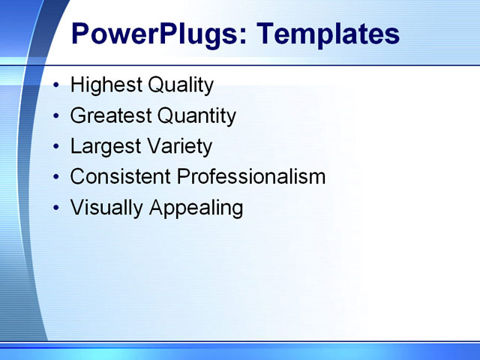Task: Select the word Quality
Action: (x=181, y=85)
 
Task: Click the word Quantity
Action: (x=196, y=116)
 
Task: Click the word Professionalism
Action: (x=251, y=177)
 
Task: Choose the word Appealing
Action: (x=196, y=208)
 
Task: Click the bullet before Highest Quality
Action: (x=58, y=85)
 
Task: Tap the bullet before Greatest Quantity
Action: (x=58, y=116)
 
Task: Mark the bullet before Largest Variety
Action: (x=58, y=147)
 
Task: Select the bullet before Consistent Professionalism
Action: (x=58, y=178)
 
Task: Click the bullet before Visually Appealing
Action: (x=58, y=208)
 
